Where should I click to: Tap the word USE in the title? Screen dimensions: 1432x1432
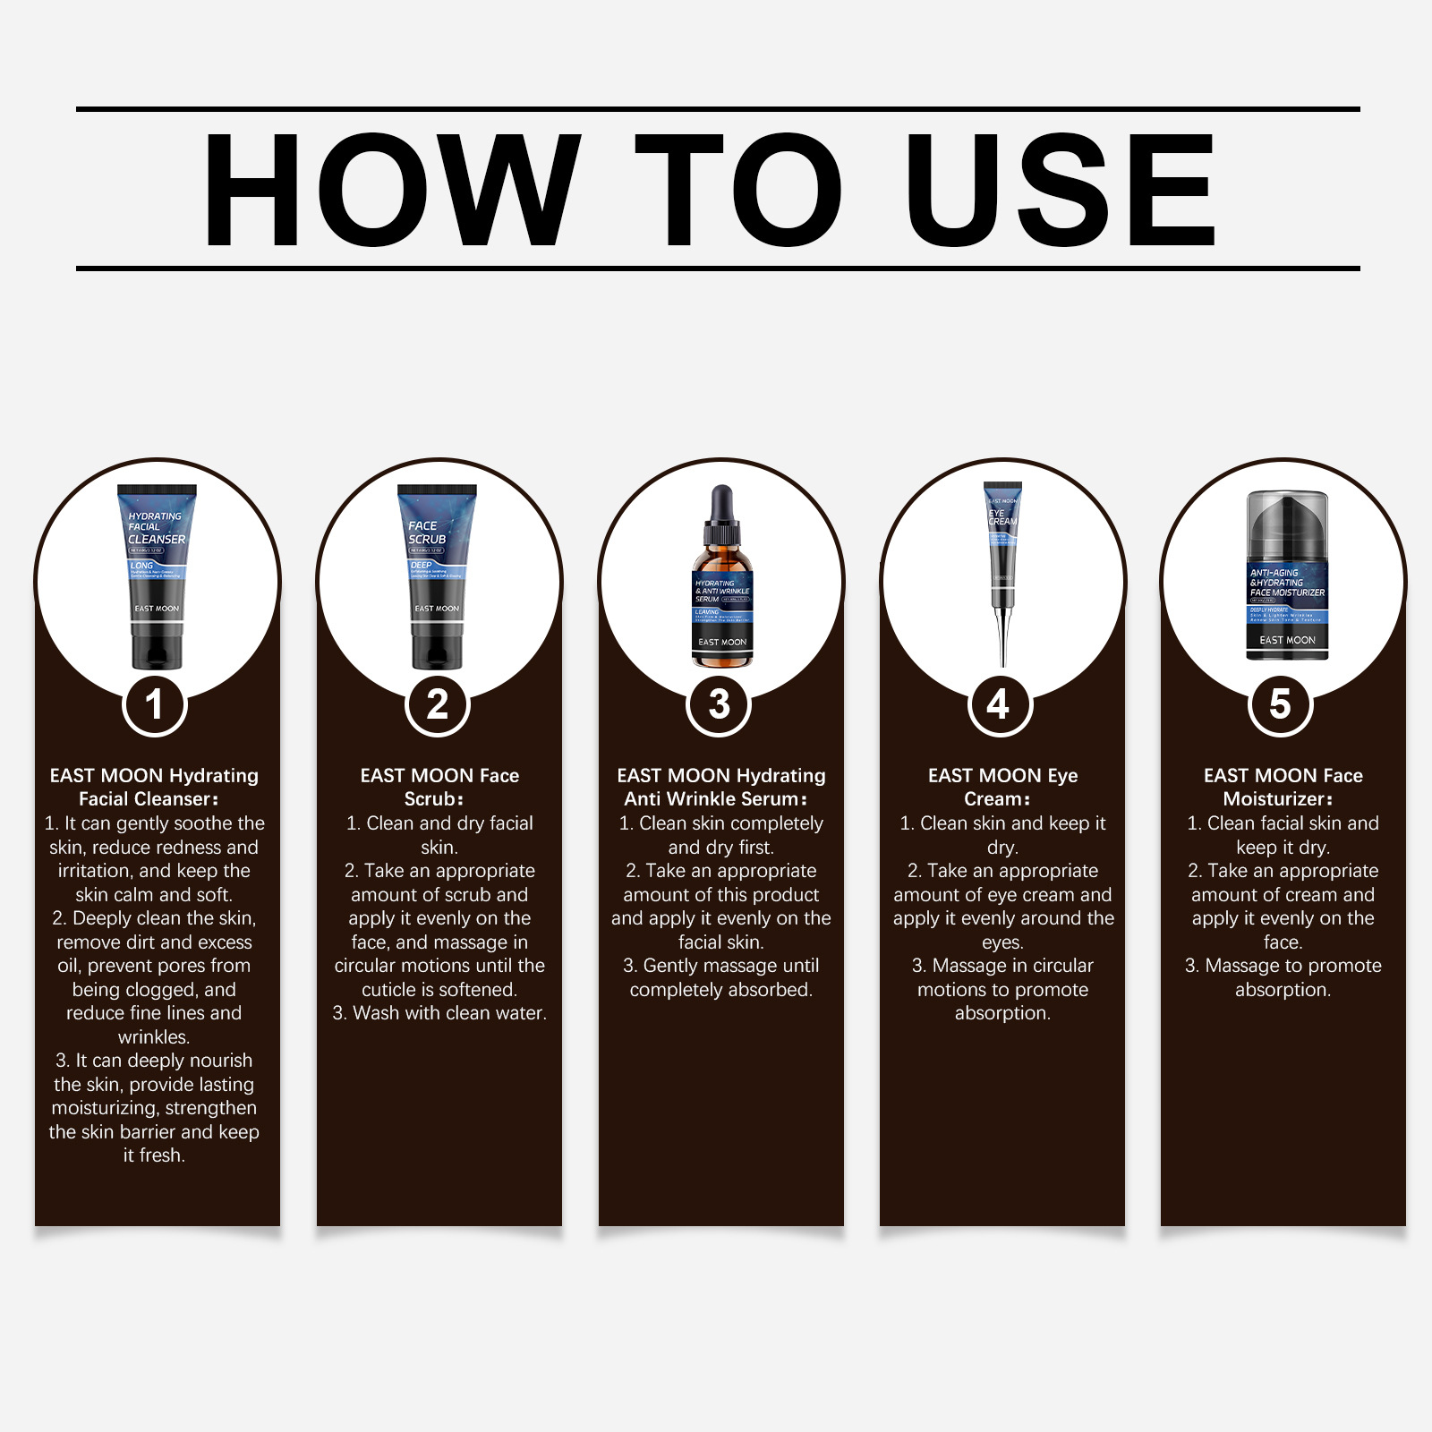tap(1061, 190)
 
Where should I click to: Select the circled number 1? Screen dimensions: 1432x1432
tap(155, 704)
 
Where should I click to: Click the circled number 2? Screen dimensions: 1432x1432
tap(438, 704)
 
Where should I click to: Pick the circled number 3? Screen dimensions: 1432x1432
tap(720, 704)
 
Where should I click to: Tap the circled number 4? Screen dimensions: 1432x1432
tap(1001, 704)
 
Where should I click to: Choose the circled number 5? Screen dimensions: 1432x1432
tap(1281, 704)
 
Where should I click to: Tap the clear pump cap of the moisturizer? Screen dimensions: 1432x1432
tap(1287, 524)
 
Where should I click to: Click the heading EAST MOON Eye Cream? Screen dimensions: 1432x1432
tap(1002, 787)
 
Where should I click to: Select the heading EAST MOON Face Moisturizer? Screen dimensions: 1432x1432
tap(1283, 787)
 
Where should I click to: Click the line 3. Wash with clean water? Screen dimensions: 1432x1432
tap(439, 1013)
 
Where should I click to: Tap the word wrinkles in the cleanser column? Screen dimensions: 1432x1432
tap(154, 1037)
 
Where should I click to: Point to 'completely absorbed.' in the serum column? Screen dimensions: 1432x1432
tap(720, 990)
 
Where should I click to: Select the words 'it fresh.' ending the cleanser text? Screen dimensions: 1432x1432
tap(154, 1155)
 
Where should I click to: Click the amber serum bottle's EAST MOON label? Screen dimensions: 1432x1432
tap(722, 642)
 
